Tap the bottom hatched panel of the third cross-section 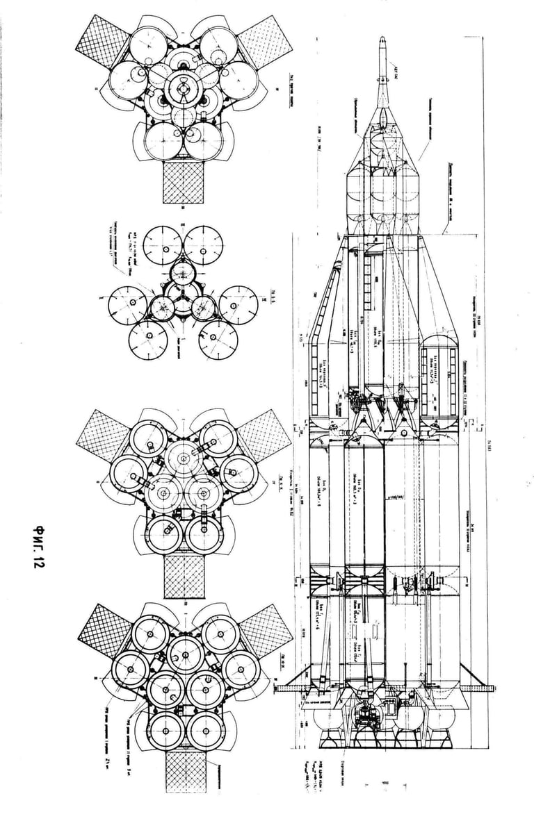point(183,577)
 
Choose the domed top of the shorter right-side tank point(439,340)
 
